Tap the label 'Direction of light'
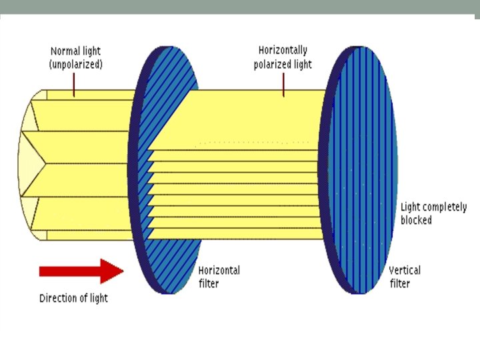[73, 298]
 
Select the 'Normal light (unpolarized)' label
[76, 58]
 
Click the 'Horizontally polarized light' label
[283, 57]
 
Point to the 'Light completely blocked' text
[434, 213]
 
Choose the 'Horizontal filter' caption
[219, 277]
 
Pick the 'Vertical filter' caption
[405, 277]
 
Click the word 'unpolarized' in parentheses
[76, 65]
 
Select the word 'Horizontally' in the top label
[283, 50]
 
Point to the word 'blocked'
[417, 220]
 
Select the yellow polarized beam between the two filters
[260, 120]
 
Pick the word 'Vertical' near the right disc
[405, 271]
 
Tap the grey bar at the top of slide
[240, 7]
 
